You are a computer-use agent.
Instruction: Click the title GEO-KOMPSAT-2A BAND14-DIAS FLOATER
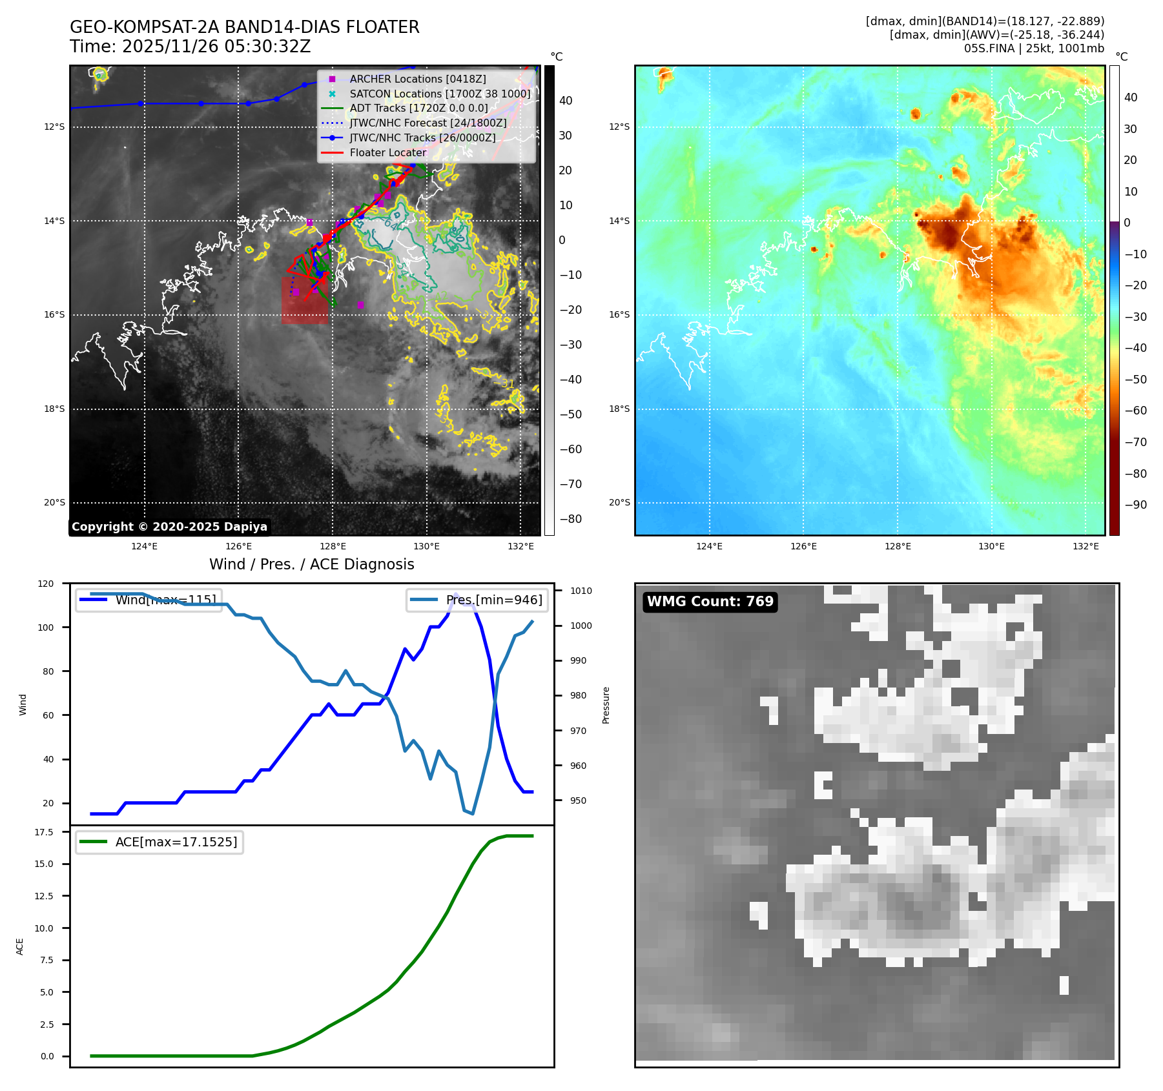point(244,27)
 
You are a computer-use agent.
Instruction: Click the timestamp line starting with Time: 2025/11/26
point(190,46)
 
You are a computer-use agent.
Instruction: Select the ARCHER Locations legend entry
point(417,79)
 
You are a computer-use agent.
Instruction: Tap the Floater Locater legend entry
point(387,152)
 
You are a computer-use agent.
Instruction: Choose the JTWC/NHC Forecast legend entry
point(427,123)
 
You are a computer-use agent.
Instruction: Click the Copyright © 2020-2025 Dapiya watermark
point(169,527)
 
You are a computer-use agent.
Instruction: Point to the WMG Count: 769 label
point(710,602)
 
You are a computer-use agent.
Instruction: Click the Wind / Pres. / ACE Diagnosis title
point(311,564)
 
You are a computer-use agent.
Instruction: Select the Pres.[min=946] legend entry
point(493,600)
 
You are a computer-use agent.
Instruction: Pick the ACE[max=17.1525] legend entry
point(176,842)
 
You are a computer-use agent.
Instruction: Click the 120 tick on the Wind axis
point(46,584)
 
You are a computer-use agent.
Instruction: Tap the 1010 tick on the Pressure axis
point(581,591)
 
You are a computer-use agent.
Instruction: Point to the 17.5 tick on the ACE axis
point(44,832)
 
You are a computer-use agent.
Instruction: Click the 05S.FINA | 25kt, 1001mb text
point(1033,48)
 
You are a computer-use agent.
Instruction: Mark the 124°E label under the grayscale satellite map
point(144,546)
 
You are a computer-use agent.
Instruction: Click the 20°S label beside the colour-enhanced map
point(619,502)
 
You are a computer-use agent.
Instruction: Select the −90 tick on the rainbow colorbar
point(1135,505)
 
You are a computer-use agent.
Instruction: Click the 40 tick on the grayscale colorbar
point(566,101)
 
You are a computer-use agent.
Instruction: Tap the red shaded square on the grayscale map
point(304,300)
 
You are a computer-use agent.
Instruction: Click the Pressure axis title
point(606,705)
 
